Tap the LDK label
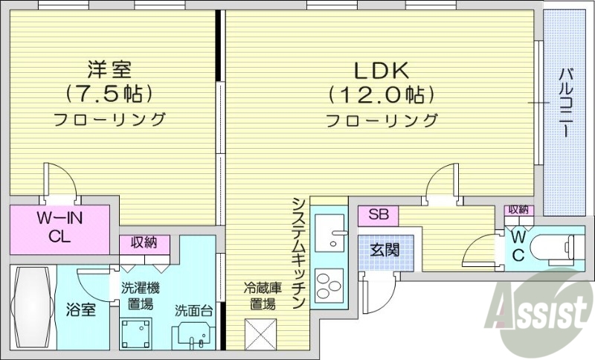(380, 71)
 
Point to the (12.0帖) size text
(380, 94)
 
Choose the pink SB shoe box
(379, 215)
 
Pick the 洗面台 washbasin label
(194, 310)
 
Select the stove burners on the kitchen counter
(329, 284)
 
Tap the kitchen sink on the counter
(329, 233)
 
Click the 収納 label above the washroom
(144, 242)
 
